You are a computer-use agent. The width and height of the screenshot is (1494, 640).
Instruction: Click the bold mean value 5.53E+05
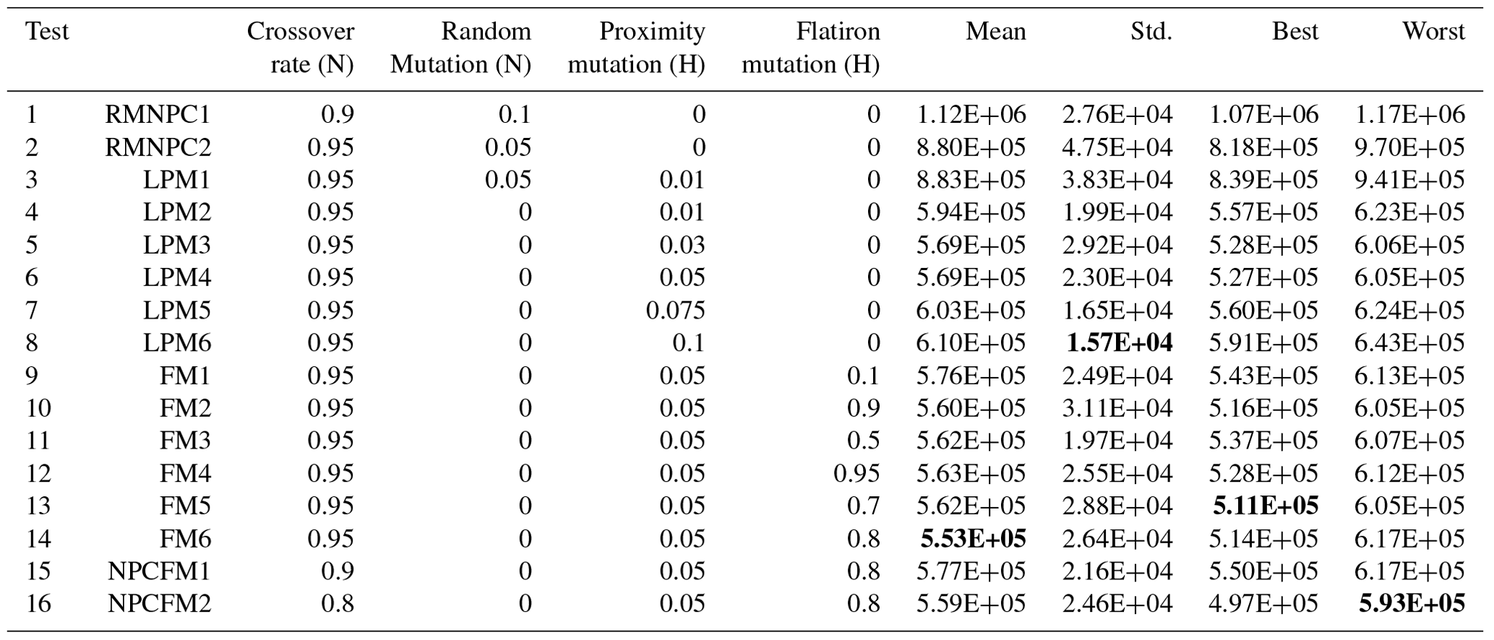(973, 539)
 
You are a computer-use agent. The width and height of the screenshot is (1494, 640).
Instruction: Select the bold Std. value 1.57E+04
(1120, 343)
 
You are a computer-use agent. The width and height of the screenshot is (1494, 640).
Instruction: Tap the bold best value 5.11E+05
(1266, 506)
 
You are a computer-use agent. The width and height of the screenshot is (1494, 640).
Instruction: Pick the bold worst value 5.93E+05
(1412, 604)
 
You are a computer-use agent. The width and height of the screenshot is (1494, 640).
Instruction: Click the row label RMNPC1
(158, 115)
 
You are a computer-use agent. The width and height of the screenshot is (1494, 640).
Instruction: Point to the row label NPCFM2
(159, 604)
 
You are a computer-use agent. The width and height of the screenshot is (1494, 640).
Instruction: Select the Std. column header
(1151, 32)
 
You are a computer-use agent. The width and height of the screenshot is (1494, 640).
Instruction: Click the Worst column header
(1433, 32)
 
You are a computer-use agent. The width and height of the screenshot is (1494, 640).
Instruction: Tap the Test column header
(47, 32)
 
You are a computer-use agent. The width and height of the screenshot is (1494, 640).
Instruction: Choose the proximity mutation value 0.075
(675, 311)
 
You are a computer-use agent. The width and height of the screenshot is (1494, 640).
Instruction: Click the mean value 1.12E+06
(971, 115)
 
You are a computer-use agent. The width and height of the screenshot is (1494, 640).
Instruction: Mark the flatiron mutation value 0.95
(857, 474)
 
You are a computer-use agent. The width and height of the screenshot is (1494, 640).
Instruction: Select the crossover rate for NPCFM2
(338, 604)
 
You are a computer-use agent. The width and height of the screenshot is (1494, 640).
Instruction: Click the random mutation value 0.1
(515, 115)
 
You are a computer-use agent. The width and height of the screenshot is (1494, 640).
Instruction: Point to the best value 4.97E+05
(1263, 604)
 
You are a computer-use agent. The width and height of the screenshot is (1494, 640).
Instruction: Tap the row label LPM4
(176, 278)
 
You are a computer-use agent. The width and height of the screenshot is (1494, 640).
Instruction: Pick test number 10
(38, 409)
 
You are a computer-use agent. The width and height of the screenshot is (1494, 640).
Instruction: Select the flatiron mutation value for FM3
(864, 441)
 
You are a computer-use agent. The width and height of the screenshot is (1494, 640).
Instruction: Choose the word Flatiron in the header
(838, 32)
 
